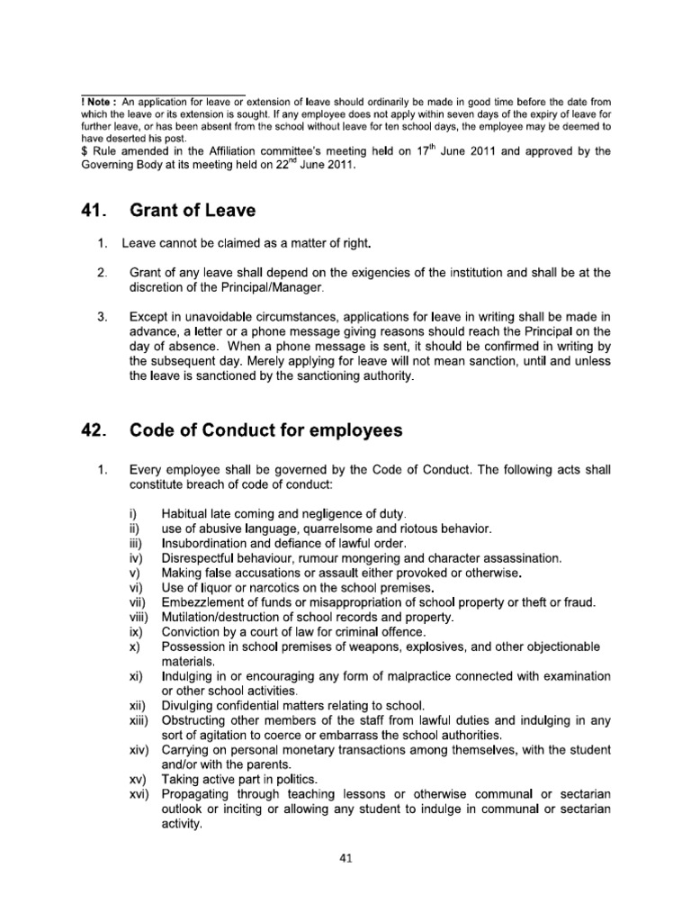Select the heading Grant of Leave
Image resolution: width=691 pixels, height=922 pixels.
(193, 211)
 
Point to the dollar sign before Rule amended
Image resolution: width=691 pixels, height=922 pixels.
(84, 151)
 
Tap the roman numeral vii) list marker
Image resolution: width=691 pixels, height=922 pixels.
(137, 601)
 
